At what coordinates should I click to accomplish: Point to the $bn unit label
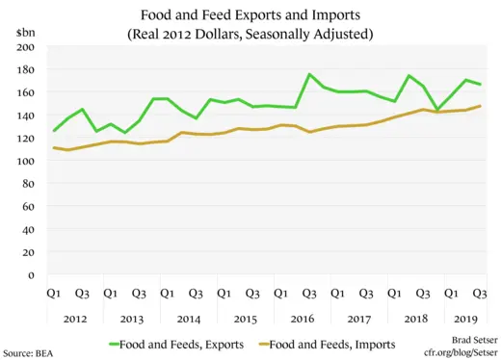[25, 33]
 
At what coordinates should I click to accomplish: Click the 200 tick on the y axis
[26, 47]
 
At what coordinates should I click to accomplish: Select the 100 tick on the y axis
[26, 161]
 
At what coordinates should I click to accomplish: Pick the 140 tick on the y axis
[26, 116]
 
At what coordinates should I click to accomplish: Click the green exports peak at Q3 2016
[309, 75]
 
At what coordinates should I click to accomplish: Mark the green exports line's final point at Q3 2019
[480, 85]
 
